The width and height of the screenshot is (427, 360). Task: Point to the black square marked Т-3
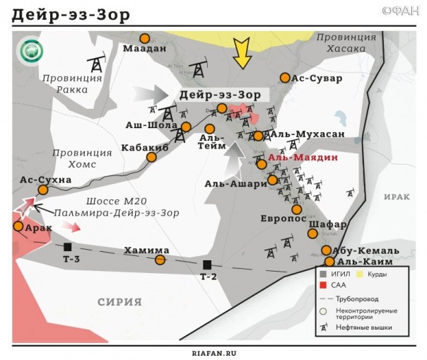68,247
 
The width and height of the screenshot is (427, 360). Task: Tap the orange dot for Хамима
160,260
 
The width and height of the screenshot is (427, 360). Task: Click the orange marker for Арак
18,226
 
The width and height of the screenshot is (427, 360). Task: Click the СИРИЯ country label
119,302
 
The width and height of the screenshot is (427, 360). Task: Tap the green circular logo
32,51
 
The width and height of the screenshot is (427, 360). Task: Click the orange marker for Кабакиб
151,157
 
